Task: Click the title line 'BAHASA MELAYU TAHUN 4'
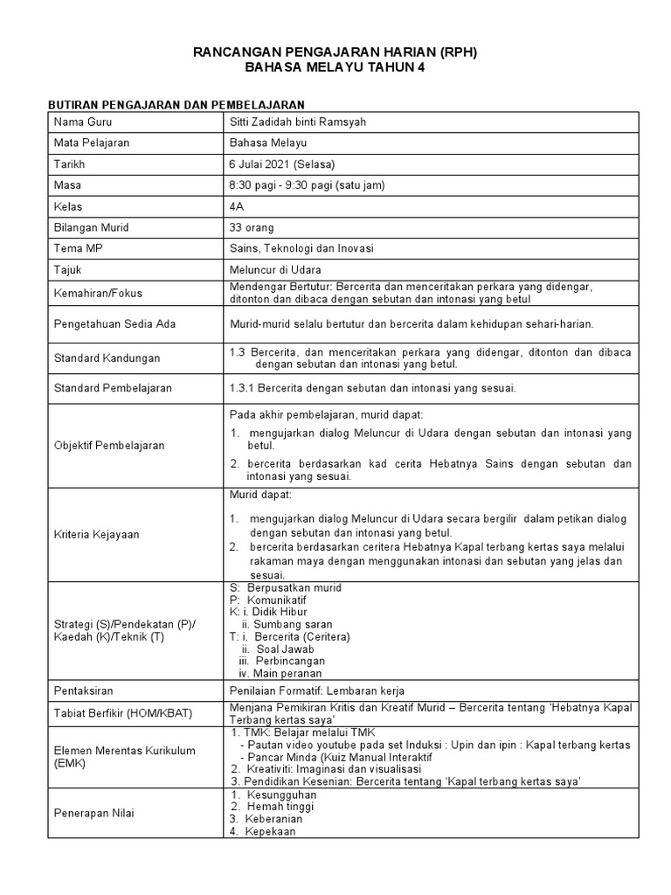click(335, 69)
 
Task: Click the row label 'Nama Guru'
click(83, 121)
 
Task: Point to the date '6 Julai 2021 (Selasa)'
click(282, 163)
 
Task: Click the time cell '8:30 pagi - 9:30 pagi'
click(307, 185)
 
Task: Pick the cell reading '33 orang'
click(251, 227)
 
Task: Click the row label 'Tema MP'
click(78, 249)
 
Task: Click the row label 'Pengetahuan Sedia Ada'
click(114, 323)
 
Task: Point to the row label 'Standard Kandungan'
click(107, 358)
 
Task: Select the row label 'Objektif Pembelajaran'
click(109, 446)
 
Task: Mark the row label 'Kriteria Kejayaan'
click(96, 533)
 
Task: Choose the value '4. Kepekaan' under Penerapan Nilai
click(263, 832)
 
